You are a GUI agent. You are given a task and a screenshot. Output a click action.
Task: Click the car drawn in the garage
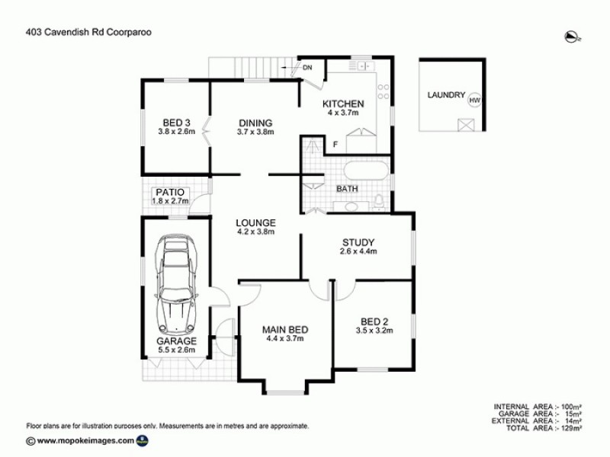point(175,282)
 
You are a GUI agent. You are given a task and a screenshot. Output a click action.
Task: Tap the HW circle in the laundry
point(474,100)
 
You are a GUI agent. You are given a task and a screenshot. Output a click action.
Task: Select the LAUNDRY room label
point(446,95)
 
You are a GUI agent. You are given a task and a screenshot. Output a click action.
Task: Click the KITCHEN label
point(343,104)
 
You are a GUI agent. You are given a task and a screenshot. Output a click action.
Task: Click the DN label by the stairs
point(308,69)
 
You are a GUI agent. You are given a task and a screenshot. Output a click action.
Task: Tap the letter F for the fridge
point(335,145)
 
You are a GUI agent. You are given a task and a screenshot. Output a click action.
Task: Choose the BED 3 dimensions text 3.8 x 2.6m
point(177,132)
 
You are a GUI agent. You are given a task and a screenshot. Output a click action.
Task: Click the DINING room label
point(255,123)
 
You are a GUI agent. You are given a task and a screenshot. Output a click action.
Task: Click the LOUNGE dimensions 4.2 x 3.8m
point(255,232)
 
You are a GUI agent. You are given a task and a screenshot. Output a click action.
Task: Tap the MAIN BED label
point(285,330)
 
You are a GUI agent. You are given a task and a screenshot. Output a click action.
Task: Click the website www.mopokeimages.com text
point(85,440)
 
